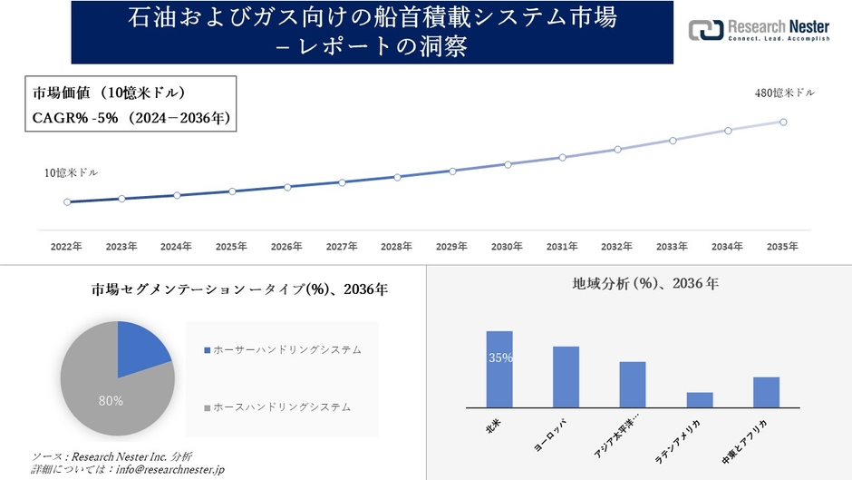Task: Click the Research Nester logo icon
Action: [x=706, y=30]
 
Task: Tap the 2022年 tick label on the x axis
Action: [x=66, y=246]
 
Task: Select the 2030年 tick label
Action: [x=507, y=246]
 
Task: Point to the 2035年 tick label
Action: [x=782, y=246]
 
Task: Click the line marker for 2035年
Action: [x=783, y=122]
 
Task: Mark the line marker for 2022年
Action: [x=67, y=201]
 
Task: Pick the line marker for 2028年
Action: [x=397, y=177]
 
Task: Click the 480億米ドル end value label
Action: [x=784, y=93]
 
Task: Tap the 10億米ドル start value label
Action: [x=72, y=172]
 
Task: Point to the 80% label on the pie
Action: [x=111, y=399]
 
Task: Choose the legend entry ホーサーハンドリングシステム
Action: [x=286, y=349]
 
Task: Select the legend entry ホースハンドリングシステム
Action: [x=281, y=407]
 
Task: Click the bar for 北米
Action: [x=499, y=369]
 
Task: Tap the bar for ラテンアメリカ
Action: [x=700, y=399]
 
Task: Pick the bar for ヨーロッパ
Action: [x=566, y=377]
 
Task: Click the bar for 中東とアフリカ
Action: [x=766, y=392]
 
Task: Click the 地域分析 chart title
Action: [x=645, y=284]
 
